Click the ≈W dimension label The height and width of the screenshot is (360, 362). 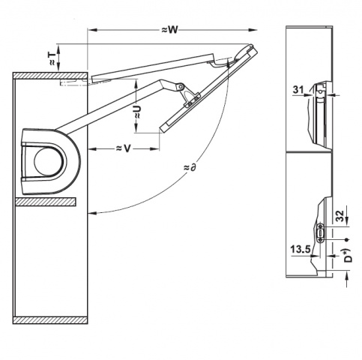click(x=169, y=30)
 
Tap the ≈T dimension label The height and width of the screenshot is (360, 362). click(x=51, y=58)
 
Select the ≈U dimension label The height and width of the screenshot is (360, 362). click(x=137, y=112)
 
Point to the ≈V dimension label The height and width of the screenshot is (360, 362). click(x=124, y=148)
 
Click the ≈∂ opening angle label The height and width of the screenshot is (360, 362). click(x=190, y=167)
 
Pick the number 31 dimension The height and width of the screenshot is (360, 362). click(x=298, y=89)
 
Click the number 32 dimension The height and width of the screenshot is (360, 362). click(x=340, y=216)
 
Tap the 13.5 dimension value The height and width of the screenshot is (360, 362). click(x=301, y=249)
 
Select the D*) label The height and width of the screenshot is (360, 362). click(x=348, y=255)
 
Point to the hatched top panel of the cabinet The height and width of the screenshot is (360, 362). click(x=50, y=75)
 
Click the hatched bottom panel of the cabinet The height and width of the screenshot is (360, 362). click(x=50, y=320)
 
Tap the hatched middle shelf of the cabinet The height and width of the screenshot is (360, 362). click(x=45, y=202)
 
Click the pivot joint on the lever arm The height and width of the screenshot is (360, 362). click(x=180, y=86)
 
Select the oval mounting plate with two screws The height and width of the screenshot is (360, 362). click(x=321, y=233)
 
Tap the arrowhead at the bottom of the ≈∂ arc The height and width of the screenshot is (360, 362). click(x=93, y=213)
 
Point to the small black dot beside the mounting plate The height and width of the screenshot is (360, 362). click(x=346, y=240)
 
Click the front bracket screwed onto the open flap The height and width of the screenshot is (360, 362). click(x=191, y=99)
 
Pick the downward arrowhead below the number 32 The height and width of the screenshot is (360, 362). click(x=347, y=221)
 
